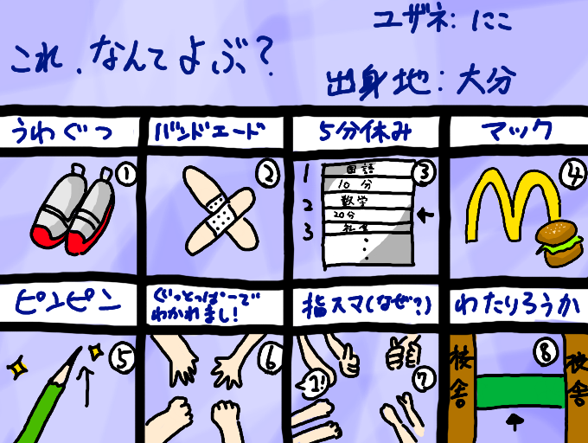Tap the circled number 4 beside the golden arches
(571, 173)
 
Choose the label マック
(516, 132)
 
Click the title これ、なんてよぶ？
(143, 59)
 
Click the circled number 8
(544, 352)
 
